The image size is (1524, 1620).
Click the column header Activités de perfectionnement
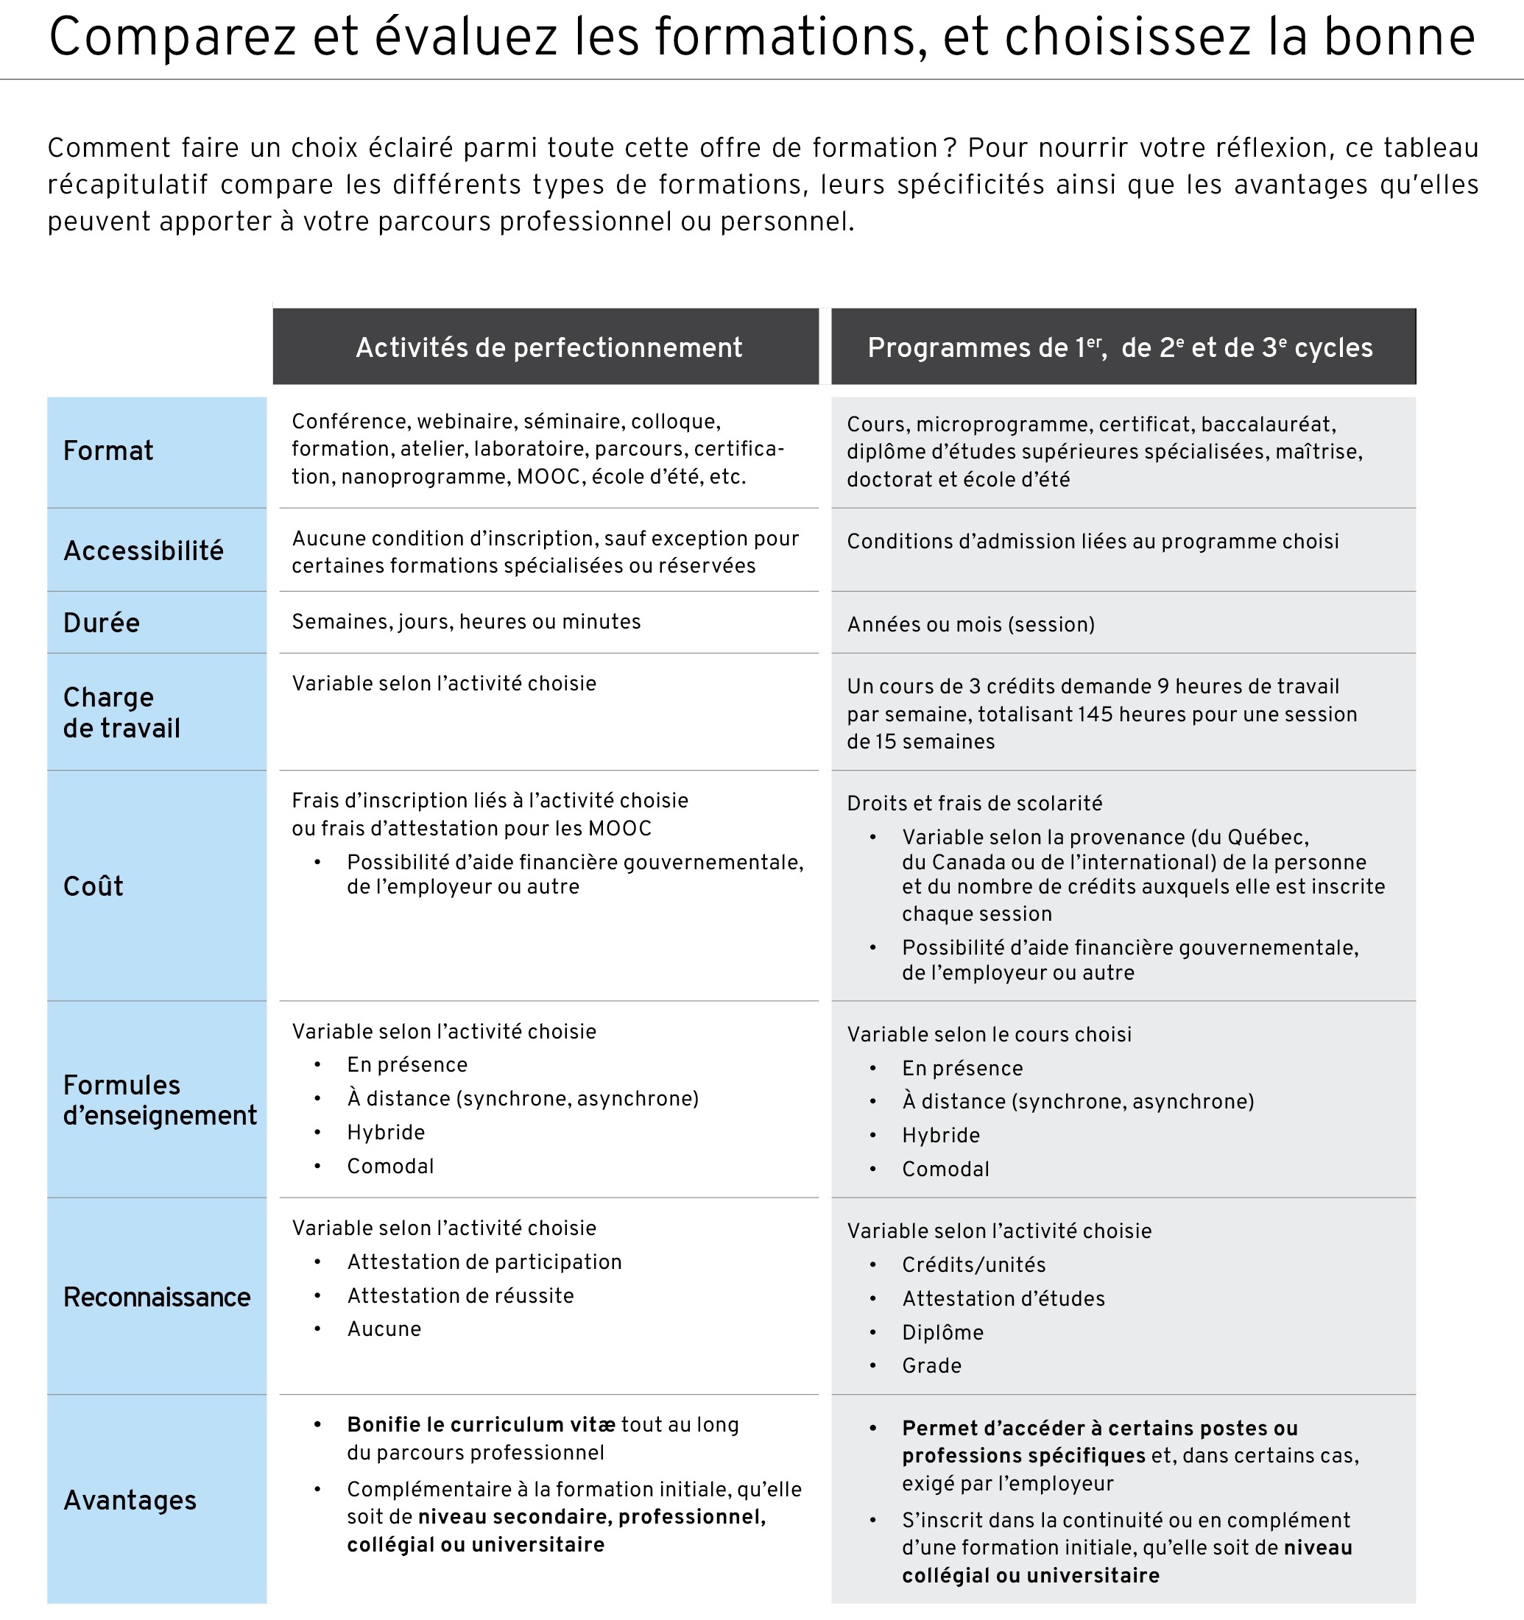[548, 347]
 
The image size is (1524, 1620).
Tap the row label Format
[108, 450]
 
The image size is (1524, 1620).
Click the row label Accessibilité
[144, 551]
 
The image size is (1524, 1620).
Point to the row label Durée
[102, 623]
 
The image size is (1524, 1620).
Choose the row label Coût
[94, 885]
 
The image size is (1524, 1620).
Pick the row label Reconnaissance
[157, 1296]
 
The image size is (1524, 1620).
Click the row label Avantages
[130, 1499]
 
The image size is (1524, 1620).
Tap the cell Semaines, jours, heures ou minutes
[466, 622]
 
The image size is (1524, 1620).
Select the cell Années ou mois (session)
[970, 624]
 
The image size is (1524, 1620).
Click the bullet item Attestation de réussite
[460, 1295]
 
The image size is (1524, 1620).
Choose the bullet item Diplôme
[943, 1332]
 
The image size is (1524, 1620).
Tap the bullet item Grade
[931, 1366]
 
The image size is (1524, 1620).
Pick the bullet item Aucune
[384, 1329]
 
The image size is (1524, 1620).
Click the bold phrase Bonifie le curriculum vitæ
[481, 1424]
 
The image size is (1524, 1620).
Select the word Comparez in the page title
[172, 37]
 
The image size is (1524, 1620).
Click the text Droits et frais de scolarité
[974, 804]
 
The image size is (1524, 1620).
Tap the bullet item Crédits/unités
[974, 1264]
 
